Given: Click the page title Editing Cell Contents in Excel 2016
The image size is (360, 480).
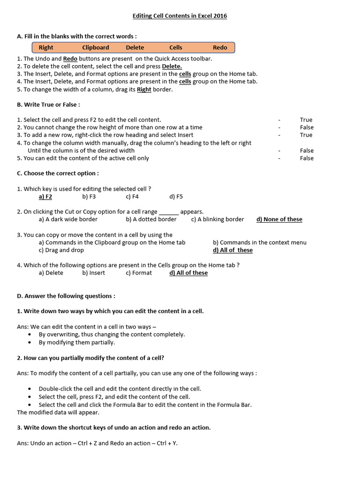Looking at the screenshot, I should coord(180,16).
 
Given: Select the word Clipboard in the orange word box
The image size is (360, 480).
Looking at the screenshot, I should coord(96,47).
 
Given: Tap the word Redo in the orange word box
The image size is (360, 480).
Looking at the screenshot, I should coord(220,47).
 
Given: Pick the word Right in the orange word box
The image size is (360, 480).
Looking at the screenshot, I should coord(46,47).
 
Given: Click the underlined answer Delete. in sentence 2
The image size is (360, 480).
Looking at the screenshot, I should coord(172,66).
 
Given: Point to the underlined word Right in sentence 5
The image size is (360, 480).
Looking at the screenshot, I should coord(144,90).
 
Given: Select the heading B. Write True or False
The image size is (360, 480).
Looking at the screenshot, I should coord(48,105).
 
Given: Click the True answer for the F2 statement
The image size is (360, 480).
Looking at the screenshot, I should coord(306,120).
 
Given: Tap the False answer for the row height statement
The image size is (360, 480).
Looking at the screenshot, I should coord(307,127).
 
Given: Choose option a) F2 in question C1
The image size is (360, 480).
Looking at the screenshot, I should coord(45,196).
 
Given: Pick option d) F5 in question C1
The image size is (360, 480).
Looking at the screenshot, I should coord(176,196).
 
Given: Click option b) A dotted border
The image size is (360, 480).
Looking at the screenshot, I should coord(151,219).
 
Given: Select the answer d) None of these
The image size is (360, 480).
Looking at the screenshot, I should coord(279,219).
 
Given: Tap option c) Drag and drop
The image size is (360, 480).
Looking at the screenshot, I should coord(61,250).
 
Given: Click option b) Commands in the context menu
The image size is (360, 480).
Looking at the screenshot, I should coord(260,242).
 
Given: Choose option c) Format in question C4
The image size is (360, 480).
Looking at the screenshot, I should coord(139,272).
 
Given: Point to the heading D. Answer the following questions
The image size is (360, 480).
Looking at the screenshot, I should coord(66,296).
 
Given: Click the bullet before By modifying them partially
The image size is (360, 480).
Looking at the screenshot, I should coord(30,342).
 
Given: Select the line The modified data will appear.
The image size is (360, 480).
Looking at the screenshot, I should coord(58,412).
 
